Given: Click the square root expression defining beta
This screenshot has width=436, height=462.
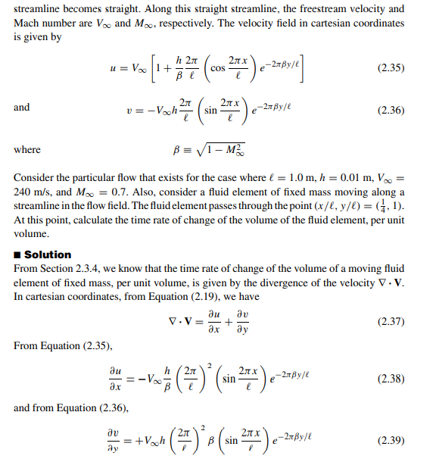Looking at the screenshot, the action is tap(221, 149).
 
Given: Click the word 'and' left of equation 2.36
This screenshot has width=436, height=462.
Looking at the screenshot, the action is tap(22, 108).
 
